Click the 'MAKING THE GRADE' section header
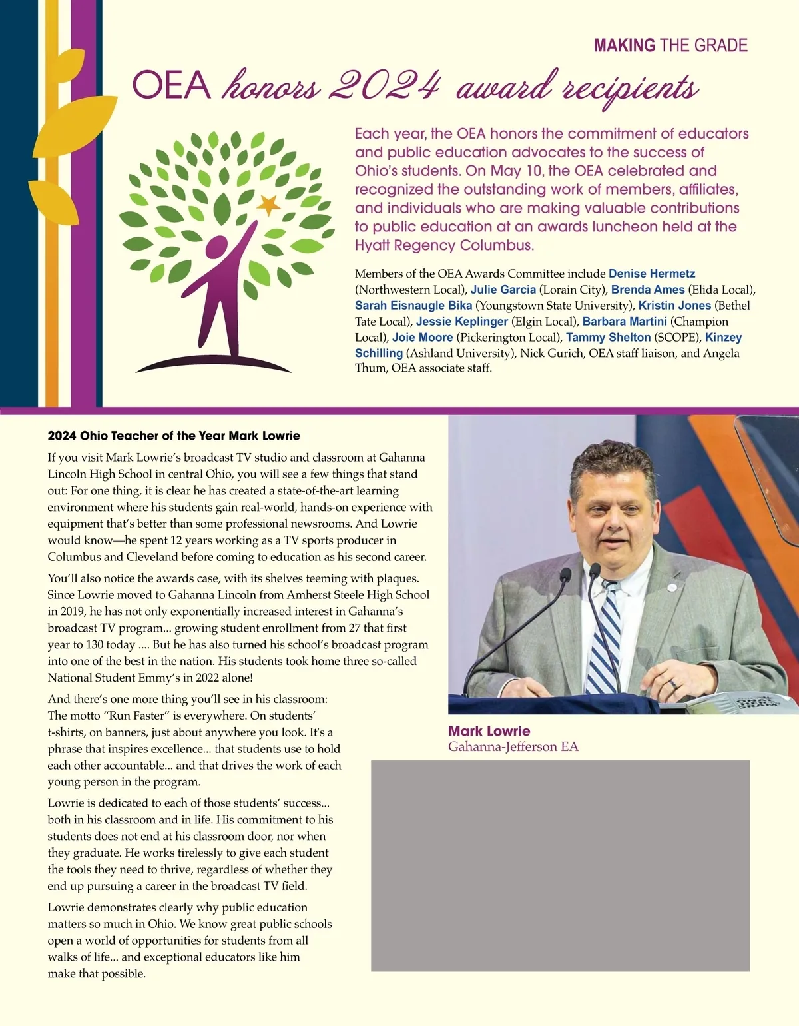(670, 45)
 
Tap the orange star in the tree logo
(268, 205)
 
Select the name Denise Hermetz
(651, 274)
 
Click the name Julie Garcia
(503, 290)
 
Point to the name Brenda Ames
(647, 290)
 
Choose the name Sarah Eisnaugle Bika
(413, 306)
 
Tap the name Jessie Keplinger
(461, 322)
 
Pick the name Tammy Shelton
(608, 338)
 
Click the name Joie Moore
(422, 338)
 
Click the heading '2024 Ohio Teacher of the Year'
(174, 436)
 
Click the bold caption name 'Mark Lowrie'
(489, 731)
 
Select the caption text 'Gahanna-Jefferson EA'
(513, 747)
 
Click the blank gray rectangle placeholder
(560, 865)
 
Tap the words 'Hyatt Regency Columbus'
(443, 245)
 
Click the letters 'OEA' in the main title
(171, 86)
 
